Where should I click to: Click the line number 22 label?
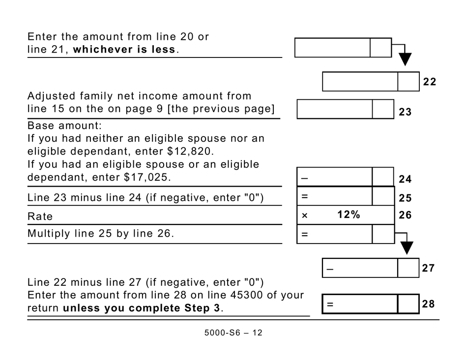click(429, 82)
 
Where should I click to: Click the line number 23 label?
click(405, 112)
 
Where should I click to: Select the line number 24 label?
click(405, 179)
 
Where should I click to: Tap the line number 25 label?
click(405, 198)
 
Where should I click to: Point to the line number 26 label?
click(405, 215)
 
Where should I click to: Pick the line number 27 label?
click(428, 268)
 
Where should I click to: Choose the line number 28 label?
click(428, 304)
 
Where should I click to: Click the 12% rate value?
click(349, 215)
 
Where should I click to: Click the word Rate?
click(40, 217)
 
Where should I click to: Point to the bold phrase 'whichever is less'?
click(124, 50)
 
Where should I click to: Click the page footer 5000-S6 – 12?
click(233, 333)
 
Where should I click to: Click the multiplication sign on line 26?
click(304, 216)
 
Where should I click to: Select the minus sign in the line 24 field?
click(304, 178)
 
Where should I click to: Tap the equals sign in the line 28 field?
click(330, 305)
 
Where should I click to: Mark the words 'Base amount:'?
click(64, 125)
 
